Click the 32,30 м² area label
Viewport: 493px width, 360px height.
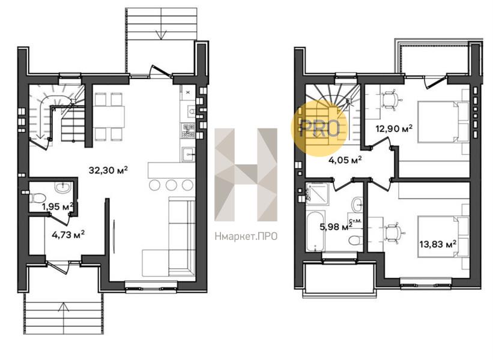[x=108, y=170]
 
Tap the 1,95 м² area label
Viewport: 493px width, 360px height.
[x=58, y=206]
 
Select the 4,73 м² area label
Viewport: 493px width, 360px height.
[x=68, y=235]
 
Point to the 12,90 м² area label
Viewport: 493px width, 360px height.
[x=395, y=128]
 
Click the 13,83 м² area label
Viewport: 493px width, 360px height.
[x=438, y=244]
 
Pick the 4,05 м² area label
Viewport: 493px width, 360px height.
[x=345, y=160]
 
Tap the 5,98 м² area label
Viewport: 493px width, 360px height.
[x=336, y=226]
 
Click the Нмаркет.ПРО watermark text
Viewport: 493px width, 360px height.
[x=246, y=236]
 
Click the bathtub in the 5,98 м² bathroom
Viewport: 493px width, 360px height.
[x=316, y=232]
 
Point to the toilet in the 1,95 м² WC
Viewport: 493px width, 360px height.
[x=37, y=198]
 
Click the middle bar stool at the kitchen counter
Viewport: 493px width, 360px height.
[x=171, y=185]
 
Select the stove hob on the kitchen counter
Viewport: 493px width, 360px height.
[x=188, y=131]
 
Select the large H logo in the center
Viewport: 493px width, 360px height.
[x=246, y=175]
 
